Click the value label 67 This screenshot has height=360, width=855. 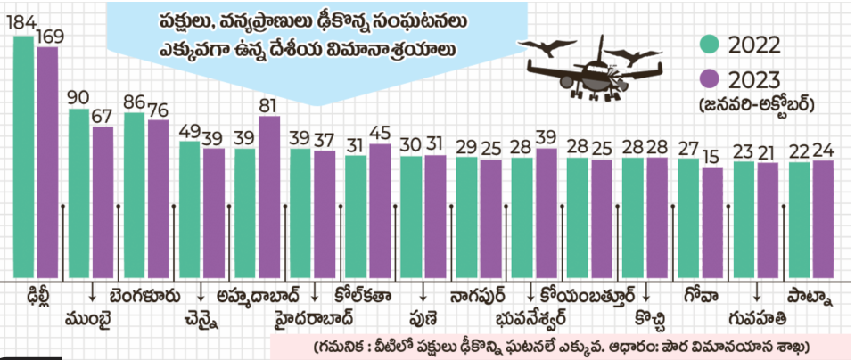pos(103,116)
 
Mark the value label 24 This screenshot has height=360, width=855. pos(823,151)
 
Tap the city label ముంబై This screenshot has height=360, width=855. pos(88,318)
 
